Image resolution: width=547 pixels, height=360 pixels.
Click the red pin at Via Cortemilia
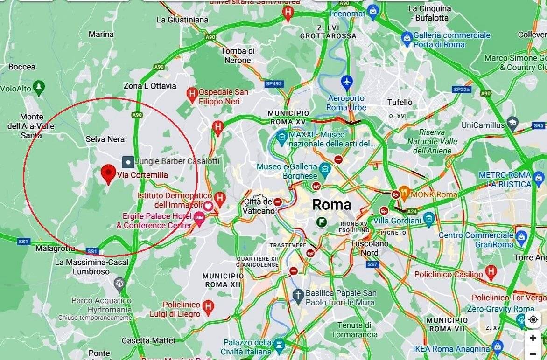click(109, 173)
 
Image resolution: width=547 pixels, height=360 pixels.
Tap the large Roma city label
click(331, 204)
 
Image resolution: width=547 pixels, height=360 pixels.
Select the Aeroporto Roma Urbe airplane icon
click(346, 82)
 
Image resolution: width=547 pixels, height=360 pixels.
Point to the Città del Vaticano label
click(258, 206)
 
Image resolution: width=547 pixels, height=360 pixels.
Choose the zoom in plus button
click(533, 338)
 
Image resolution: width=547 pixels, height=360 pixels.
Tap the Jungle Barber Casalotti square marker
click(128, 162)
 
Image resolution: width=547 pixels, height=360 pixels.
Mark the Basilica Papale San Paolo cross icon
click(298, 295)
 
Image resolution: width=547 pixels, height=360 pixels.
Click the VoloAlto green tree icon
click(39, 87)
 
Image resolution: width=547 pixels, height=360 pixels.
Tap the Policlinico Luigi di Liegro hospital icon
click(208, 306)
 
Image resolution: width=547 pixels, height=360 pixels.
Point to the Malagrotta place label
click(55, 249)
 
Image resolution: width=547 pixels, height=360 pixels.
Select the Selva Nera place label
click(105, 139)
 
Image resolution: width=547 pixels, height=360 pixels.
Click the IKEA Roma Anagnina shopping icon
click(498, 346)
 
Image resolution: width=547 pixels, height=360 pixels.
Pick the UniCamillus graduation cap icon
click(512, 124)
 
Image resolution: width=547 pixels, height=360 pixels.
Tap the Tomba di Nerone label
click(238, 55)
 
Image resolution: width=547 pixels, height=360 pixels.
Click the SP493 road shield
click(274, 84)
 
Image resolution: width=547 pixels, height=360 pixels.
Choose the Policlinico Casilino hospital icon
click(491, 271)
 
